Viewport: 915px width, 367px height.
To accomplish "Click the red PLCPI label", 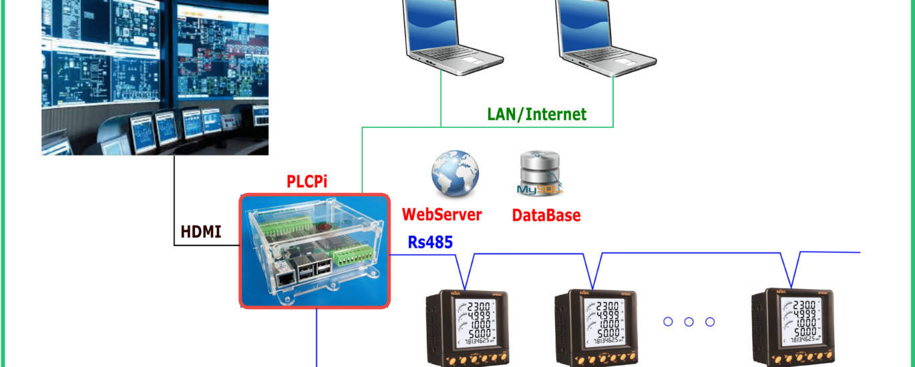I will (307, 181).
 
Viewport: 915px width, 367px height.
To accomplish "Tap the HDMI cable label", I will (200, 232).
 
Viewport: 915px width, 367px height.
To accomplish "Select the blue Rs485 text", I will (430, 242).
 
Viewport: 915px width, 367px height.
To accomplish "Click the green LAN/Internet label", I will (537, 114).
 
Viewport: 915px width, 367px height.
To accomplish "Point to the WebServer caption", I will (441, 215).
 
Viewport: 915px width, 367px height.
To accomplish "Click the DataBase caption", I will (546, 215).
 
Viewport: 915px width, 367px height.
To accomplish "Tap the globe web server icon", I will (455, 175).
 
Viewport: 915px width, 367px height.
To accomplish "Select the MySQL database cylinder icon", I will (540, 173).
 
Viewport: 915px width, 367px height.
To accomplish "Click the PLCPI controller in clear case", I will (314, 251).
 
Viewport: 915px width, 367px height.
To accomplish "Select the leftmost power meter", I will (467, 325).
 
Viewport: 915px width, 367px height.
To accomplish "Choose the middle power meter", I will (596, 325).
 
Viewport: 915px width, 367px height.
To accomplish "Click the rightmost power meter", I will (793, 325).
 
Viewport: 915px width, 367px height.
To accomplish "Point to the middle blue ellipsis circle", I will (689, 322).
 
